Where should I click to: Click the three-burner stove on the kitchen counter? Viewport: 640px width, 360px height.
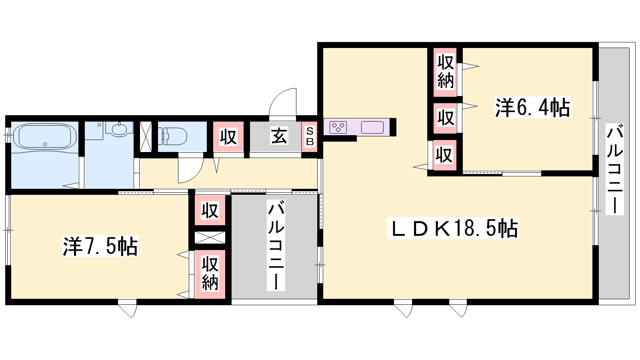click(338, 128)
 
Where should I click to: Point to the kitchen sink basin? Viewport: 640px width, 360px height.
click(372, 128)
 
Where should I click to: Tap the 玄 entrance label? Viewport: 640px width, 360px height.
click(279, 136)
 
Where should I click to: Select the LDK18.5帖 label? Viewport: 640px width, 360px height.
click(453, 228)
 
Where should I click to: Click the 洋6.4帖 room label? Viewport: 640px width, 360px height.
click(532, 108)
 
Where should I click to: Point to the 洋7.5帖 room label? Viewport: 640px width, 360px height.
click(100, 246)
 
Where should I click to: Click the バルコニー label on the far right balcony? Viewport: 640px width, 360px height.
click(615, 169)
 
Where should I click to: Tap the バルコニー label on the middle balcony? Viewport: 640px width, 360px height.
click(276, 246)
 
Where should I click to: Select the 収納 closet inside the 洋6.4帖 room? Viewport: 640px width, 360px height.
click(445, 72)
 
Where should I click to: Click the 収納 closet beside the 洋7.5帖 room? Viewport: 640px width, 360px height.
click(210, 274)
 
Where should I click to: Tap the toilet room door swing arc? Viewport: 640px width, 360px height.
click(191, 170)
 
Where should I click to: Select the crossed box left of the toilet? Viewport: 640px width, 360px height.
click(146, 136)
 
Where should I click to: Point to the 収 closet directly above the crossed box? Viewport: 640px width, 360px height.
click(210, 210)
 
